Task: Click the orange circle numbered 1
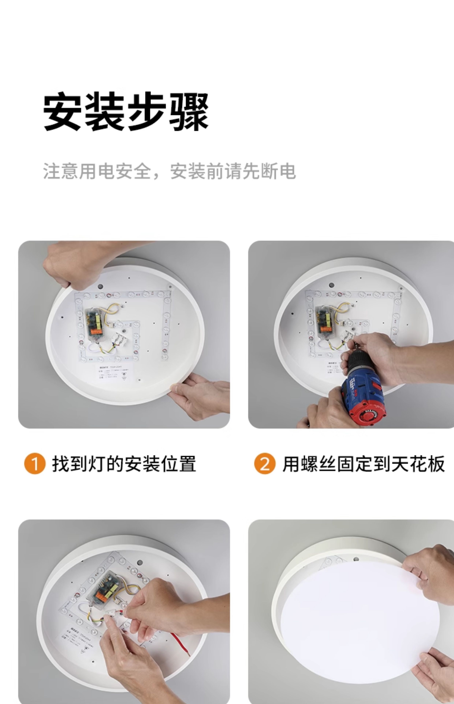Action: click(35, 463)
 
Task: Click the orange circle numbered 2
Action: click(265, 463)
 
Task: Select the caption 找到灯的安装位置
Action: click(124, 464)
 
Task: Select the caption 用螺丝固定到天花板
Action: click(363, 464)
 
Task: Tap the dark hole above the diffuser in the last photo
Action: click(356, 559)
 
